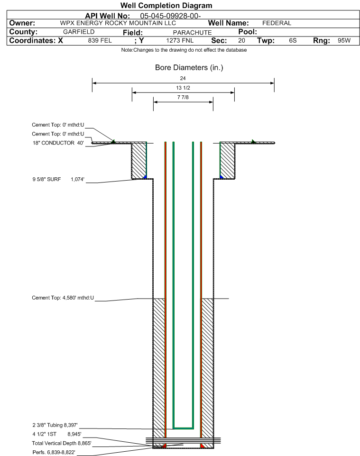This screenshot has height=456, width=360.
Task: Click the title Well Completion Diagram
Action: click(x=166, y=6)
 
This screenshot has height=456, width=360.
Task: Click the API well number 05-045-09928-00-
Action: click(x=171, y=16)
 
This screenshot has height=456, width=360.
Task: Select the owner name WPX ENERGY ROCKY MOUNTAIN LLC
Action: click(x=118, y=23)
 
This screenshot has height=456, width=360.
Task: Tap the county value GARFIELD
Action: click(x=79, y=32)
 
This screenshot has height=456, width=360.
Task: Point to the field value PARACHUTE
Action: click(x=193, y=33)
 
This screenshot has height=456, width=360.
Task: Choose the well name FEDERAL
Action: click(x=277, y=23)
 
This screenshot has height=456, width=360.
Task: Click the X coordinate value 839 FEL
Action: click(x=100, y=40)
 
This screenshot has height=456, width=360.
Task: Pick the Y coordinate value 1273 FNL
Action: click(x=180, y=40)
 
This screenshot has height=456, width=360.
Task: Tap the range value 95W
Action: click(x=344, y=40)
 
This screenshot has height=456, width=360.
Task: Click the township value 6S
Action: click(x=293, y=40)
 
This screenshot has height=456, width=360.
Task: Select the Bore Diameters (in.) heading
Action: click(x=189, y=68)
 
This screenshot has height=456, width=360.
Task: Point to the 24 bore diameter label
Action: click(x=183, y=78)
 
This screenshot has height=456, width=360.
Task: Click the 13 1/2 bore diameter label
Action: click(x=183, y=88)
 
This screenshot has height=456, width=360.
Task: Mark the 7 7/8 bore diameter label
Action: click(x=183, y=97)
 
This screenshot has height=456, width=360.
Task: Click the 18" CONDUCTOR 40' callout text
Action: click(x=58, y=143)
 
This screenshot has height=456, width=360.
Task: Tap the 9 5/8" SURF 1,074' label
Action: click(x=58, y=180)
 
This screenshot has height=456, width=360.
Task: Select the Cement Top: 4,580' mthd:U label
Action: click(x=63, y=298)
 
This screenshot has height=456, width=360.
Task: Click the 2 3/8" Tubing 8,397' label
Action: click(x=55, y=425)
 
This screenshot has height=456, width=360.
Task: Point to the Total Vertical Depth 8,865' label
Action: click(x=62, y=443)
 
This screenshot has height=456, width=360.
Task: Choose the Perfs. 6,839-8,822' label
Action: click(x=54, y=452)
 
